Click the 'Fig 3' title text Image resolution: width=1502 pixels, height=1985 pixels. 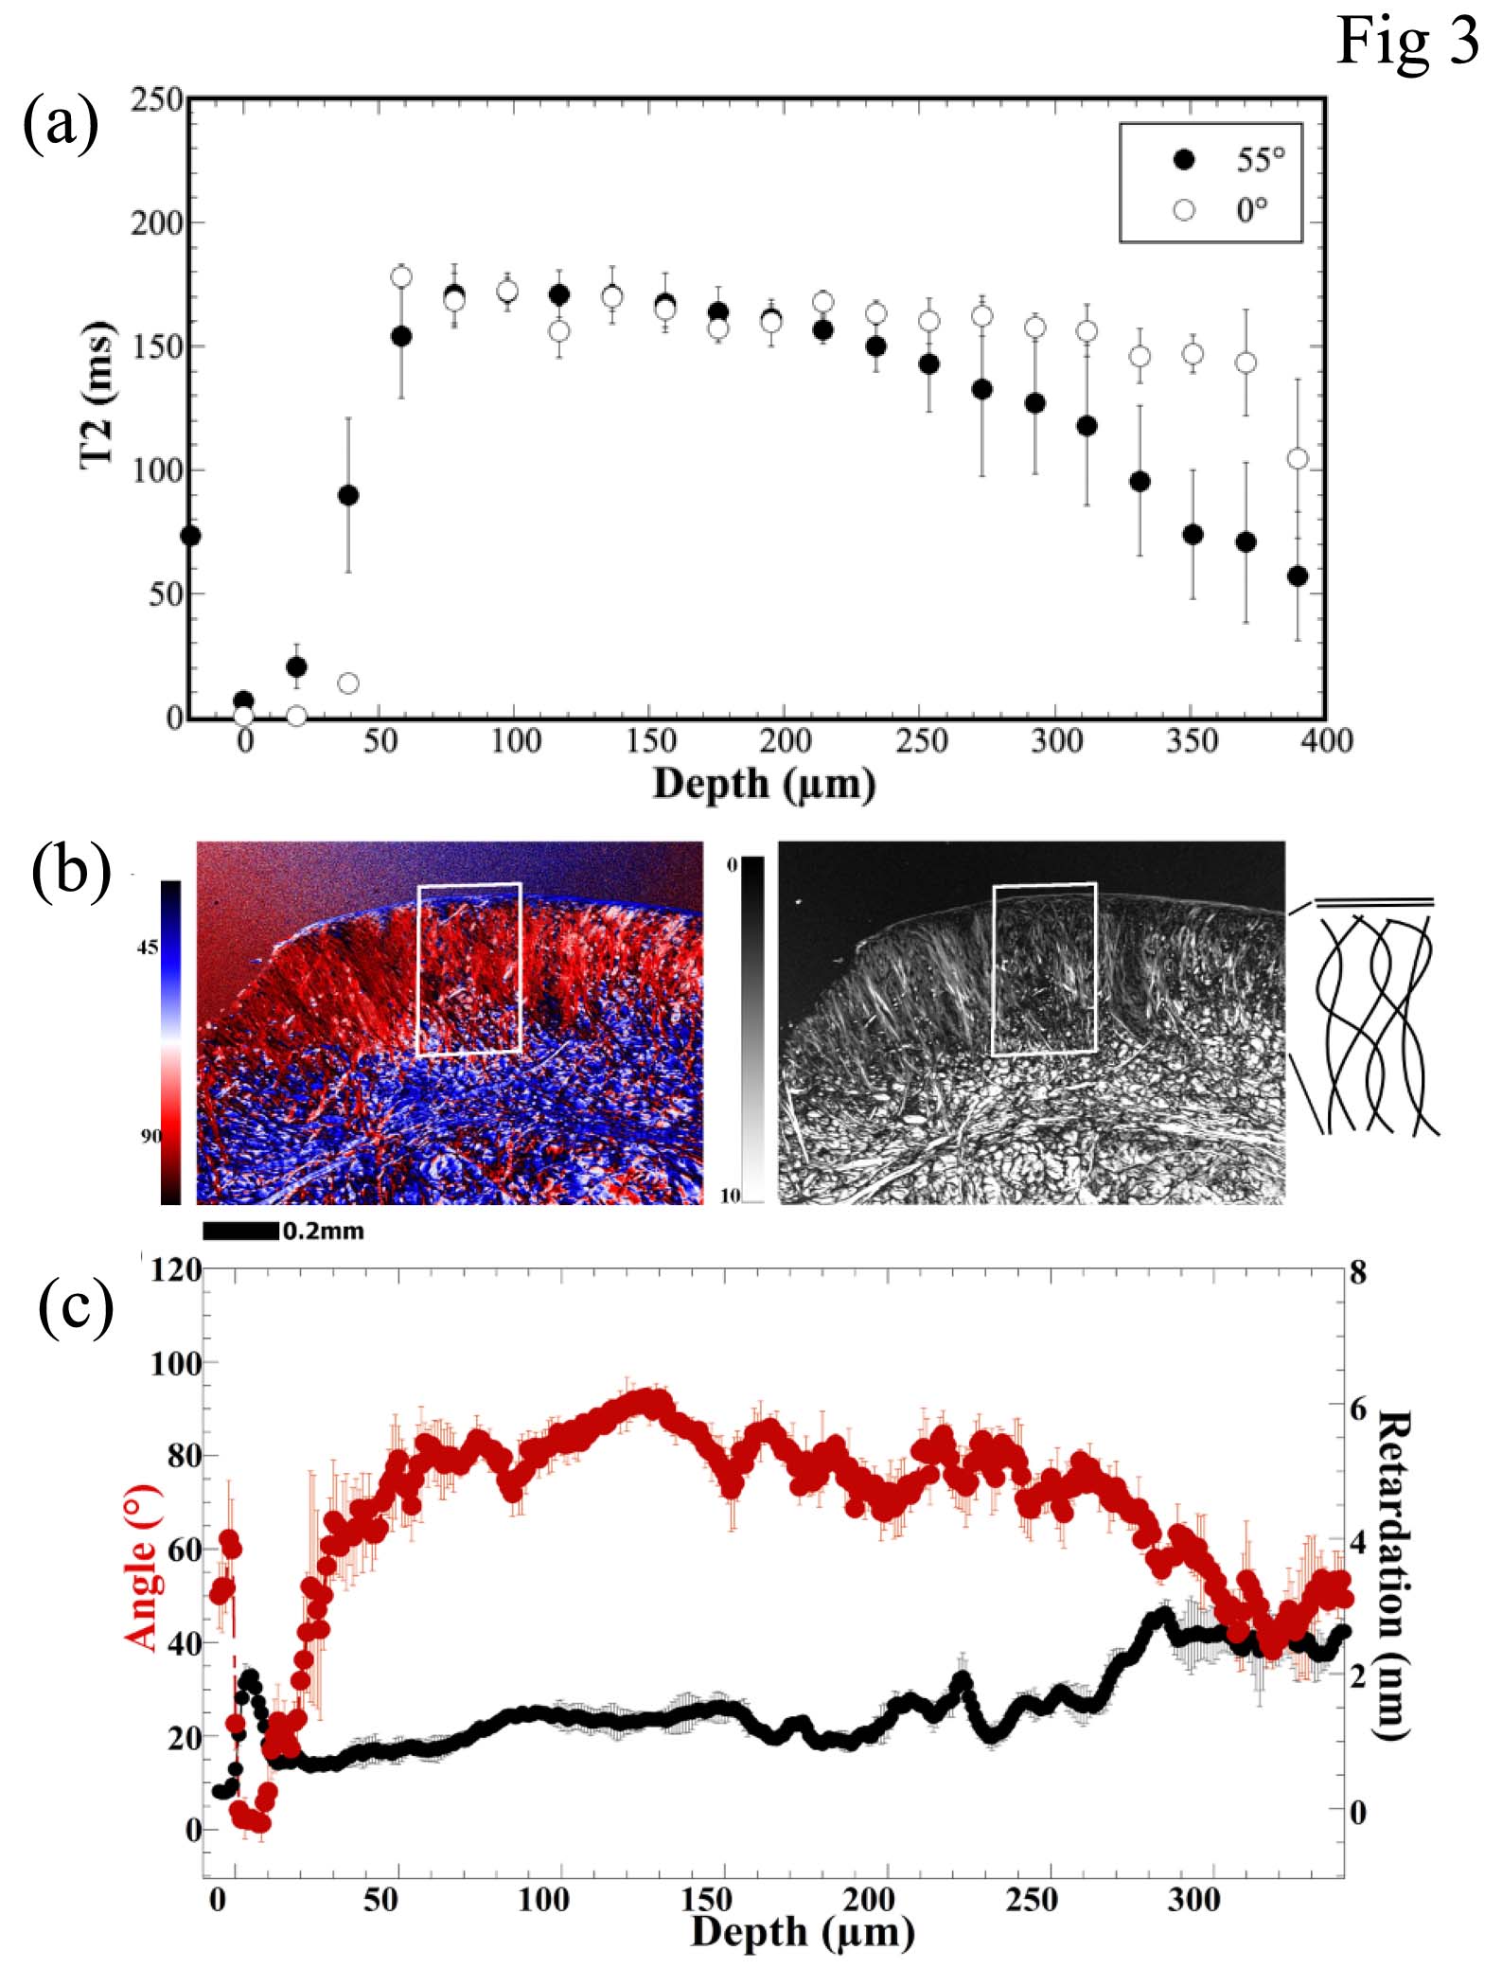[x=1406, y=43]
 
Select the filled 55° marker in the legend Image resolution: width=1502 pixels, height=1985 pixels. [x=1184, y=160]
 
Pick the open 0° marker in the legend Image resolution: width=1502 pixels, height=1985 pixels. [x=1184, y=210]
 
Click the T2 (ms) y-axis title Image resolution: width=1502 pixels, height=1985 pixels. [x=97, y=394]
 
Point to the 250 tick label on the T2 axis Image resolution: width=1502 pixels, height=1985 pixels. [x=157, y=99]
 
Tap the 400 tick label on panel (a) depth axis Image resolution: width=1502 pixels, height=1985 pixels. [x=1326, y=740]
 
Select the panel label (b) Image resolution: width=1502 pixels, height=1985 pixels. [x=71, y=870]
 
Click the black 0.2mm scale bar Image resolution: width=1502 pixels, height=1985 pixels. [x=240, y=1231]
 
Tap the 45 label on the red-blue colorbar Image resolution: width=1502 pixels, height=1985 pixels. [x=148, y=948]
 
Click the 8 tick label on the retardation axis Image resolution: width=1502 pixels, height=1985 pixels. [x=1358, y=1273]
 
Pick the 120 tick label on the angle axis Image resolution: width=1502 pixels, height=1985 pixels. [x=176, y=1269]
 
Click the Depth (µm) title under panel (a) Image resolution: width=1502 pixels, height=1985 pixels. [x=764, y=785]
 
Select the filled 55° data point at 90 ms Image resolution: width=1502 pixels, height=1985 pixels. [x=348, y=495]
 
